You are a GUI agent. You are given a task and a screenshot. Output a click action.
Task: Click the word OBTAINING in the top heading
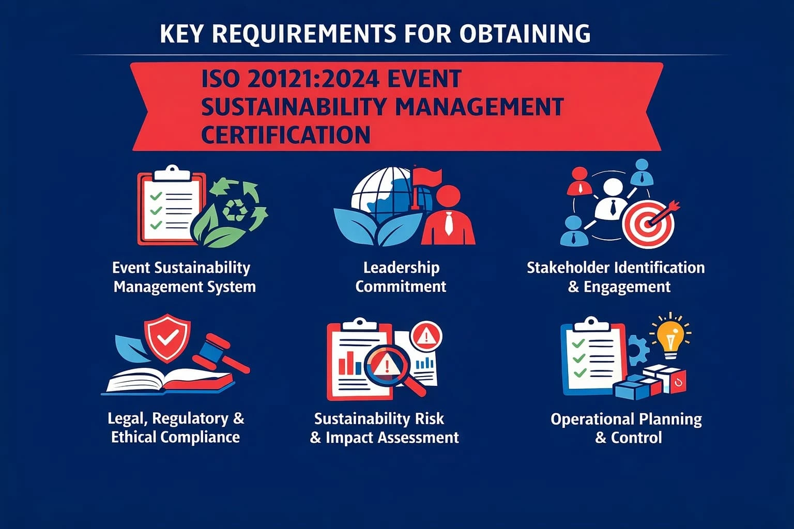(x=524, y=34)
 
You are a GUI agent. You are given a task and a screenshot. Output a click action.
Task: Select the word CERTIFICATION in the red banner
(x=285, y=134)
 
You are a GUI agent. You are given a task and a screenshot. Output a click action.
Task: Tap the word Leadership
(x=401, y=268)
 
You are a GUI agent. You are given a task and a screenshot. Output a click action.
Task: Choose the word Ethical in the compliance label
(x=134, y=437)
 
